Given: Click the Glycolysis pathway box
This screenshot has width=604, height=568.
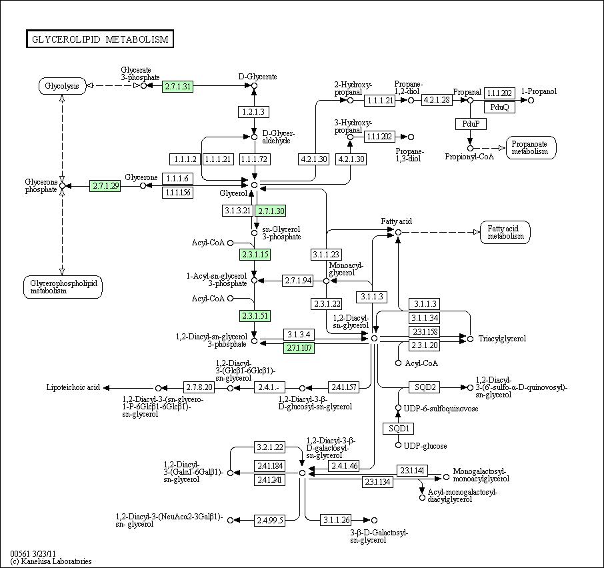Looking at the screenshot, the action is pos(62,86).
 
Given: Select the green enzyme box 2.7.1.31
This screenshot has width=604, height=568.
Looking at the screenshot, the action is pos(177,86).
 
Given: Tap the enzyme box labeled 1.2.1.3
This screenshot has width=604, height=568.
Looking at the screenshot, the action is pos(253,112).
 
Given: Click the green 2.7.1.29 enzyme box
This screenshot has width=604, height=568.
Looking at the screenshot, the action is pos(105,186).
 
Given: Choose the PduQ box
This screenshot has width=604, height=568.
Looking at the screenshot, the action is pos(499,107).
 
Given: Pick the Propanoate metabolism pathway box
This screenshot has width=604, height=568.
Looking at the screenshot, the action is pos(531,147).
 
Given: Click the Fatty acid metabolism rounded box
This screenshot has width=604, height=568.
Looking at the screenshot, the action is pos(505,232).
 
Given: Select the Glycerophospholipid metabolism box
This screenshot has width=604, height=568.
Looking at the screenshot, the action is pos(63,287).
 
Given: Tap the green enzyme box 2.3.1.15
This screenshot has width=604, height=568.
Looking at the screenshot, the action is pos(255,255).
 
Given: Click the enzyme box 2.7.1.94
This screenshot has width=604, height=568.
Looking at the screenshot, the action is pos(298,281).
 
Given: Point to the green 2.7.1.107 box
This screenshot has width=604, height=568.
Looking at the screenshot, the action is pos(299,348).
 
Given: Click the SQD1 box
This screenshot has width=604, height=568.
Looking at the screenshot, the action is pos(398,428).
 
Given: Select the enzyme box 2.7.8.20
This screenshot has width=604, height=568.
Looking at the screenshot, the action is pos(199,387).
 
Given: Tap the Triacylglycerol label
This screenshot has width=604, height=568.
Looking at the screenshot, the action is pos(502,339).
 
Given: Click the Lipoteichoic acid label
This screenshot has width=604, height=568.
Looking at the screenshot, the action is pos(73,387).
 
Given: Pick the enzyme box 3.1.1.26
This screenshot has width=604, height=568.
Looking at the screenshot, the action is pos(336,520).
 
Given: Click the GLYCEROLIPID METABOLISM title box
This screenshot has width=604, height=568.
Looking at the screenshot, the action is pos(100,39).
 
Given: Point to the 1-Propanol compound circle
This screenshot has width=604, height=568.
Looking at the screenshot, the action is pos(531,100).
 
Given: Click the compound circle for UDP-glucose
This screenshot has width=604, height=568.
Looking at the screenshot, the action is pos(398,445).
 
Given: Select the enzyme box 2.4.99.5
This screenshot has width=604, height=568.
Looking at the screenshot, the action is pos(269,520).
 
